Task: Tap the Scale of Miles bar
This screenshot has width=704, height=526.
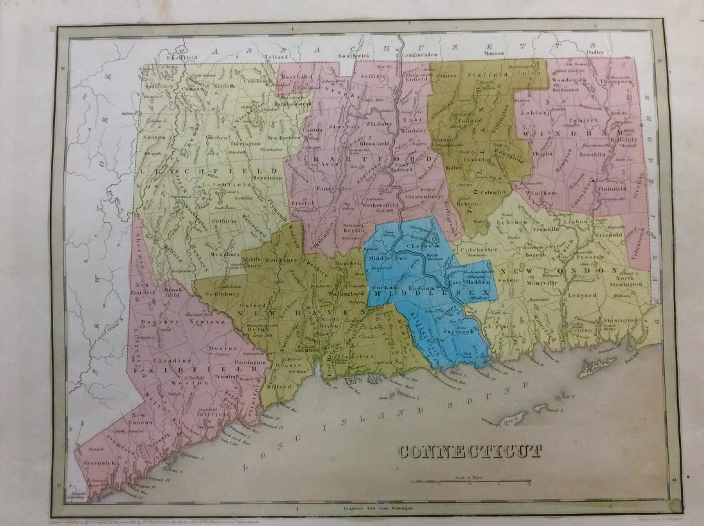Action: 470,481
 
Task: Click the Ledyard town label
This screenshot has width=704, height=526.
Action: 580,295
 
